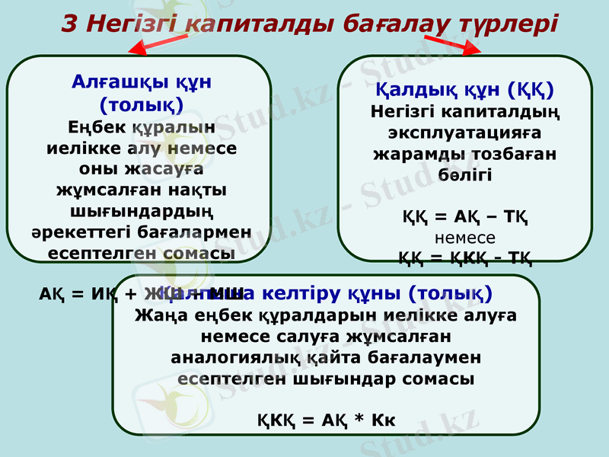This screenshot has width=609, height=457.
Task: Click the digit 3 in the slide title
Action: coord(69,24)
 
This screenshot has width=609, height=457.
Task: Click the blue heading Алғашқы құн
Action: coord(141,81)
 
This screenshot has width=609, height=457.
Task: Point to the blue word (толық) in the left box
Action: coord(141,102)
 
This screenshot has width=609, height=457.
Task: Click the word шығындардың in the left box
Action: coord(141,209)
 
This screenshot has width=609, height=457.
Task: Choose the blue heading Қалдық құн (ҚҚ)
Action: coord(465,89)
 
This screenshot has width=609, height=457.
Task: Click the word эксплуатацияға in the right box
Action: coord(465,133)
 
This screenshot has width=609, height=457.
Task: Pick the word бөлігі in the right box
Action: coord(465,174)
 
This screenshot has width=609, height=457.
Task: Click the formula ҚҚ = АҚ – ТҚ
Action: coord(465,217)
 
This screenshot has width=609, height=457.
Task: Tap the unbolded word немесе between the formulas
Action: coord(465,237)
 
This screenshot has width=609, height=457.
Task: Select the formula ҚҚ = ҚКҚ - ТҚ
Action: coord(465,256)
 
